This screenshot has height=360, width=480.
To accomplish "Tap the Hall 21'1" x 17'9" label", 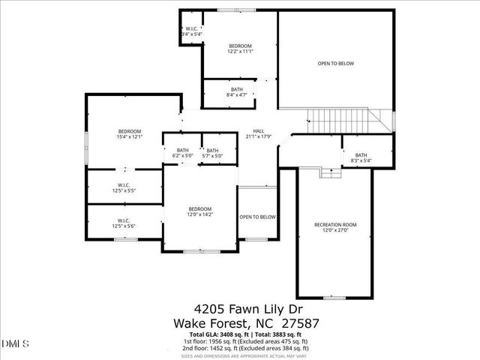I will [x=258, y=133].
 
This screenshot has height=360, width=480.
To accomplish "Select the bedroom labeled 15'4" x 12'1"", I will [x=128, y=133].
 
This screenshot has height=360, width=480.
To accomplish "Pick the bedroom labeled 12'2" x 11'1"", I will [x=240, y=49].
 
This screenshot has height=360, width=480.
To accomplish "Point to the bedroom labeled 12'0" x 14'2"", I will [x=199, y=211].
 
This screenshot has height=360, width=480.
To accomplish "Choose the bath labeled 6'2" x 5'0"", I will [x=183, y=153].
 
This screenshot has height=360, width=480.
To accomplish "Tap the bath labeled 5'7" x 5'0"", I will [x=213, y=153].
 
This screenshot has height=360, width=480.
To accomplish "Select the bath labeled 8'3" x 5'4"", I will [x=361, y=157].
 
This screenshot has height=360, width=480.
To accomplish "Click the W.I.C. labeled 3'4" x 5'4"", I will [x=191, y=31].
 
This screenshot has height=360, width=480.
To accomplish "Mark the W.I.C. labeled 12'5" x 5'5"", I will [x=124, y=187].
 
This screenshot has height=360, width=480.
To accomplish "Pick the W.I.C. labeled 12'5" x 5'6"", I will [x=124, y=223].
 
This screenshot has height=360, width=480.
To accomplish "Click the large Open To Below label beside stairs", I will [x=335, y=64].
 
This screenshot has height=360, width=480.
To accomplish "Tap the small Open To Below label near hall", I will [x=257, y=217].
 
